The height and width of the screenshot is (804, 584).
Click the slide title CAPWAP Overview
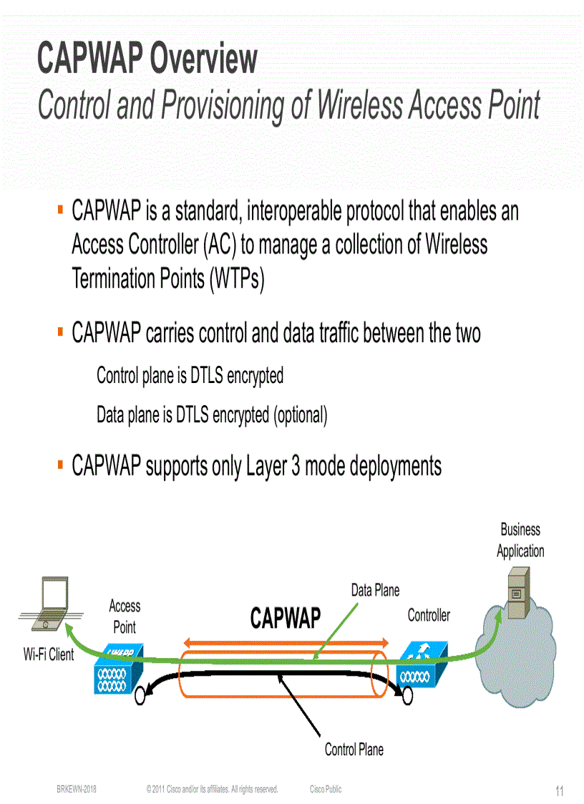tap(147, 59)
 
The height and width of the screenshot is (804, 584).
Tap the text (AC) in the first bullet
tap(218, 245)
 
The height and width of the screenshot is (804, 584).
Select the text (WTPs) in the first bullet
tap(237, 278)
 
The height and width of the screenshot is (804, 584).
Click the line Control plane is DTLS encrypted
tap(190, 375)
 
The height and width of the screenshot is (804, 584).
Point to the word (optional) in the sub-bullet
tap(300, 415)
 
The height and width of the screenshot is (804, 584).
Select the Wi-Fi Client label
tap(49, 654)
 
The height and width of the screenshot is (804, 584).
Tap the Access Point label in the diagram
tap(125, 616)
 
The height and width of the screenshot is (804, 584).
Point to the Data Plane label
tap(375, 591)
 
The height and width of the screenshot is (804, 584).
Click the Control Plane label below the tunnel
tap(354, 750)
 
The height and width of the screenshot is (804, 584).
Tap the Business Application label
tap(520, 541)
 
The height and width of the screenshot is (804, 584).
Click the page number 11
tap(560, 791)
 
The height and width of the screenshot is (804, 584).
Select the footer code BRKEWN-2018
tap(77, 789)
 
